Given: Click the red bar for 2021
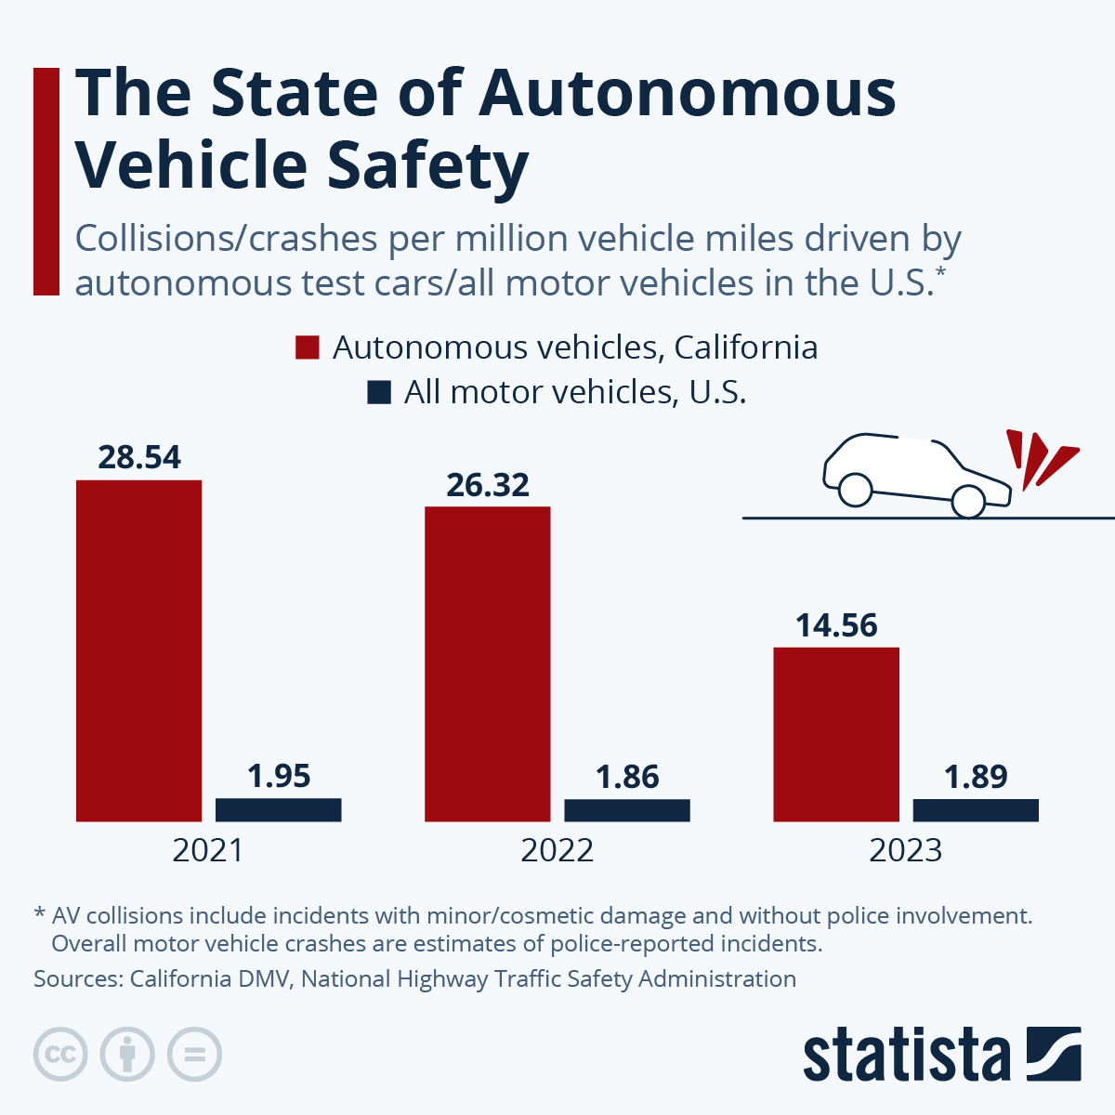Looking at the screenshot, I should click(138, 650).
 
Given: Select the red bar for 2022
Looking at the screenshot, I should click(487, 663).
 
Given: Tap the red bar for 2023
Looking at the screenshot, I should click(836, 734).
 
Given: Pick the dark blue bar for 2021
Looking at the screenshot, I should click(278, 809).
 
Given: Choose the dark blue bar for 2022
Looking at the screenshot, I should click(627, 810).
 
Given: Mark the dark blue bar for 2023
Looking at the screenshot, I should click(976, 810).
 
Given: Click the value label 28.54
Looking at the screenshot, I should click(139, 457).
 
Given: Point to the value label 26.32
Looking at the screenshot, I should click(488, 484).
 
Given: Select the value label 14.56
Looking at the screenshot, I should click(836, 625).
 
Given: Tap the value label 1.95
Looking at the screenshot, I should click(279, 776).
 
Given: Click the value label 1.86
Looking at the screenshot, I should click(627, 777).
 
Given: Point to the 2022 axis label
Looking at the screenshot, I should click(557, 850).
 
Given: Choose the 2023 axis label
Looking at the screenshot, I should click(905, 850).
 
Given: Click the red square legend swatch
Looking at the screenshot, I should click(308, 348).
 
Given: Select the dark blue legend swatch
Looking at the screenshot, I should click(378, 392).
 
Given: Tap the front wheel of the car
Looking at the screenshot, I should click(968, 502).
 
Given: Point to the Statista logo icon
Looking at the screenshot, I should click(1054, 1054).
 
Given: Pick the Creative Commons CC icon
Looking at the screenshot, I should click(60, 1055).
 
